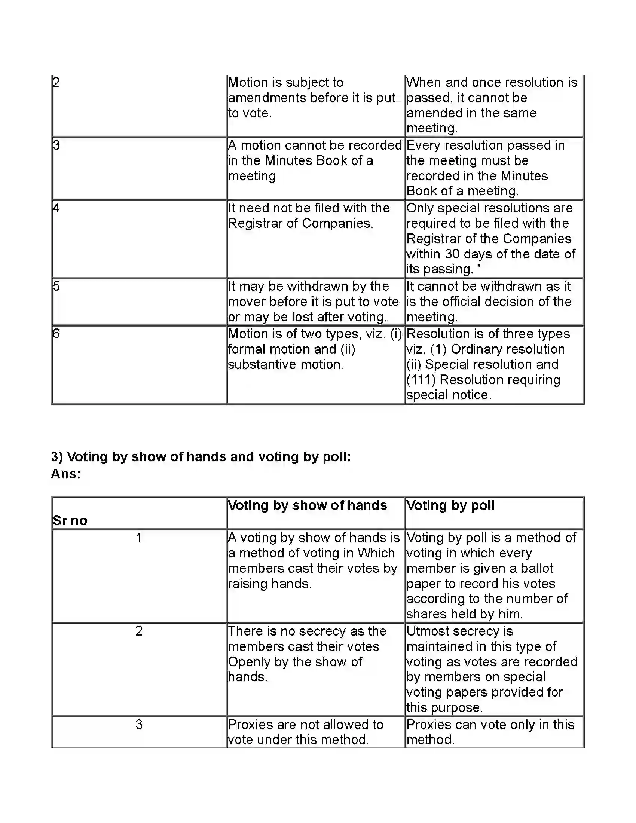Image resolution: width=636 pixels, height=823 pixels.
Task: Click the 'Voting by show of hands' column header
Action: click(x=307, y=505)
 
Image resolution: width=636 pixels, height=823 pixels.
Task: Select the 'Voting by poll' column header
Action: click(x=450, y=505)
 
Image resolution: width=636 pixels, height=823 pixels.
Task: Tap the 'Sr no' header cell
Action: click(x=70, y=520)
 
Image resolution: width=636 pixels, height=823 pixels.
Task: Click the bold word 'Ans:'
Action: click(x=66, y=474)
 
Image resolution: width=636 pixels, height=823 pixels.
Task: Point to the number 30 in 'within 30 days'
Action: click(x=452, y=254)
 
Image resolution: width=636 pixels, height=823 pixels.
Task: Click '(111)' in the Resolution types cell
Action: click(x=421, y=380)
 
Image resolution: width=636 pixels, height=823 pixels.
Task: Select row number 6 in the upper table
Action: click(x=56, y=334)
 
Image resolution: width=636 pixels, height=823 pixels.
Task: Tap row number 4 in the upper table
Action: click(x=56, y=208)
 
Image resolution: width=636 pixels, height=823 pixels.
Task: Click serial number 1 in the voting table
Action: click(x=139, y=538)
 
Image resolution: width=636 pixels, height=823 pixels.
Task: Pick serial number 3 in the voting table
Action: click(x=139, y=725)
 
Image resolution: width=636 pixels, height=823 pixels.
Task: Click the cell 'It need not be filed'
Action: click(x=309, y=215)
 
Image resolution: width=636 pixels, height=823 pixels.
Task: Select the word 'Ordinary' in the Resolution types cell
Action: click(x=477, y=349)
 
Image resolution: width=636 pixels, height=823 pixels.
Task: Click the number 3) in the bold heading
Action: click(x=57, y=457)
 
